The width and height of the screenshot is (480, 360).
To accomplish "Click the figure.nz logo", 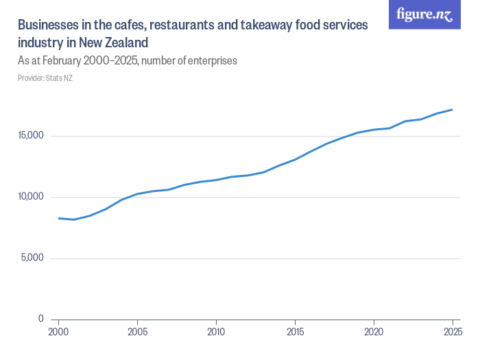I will coord(424,15).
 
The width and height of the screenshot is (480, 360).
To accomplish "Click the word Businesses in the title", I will coord(47,25).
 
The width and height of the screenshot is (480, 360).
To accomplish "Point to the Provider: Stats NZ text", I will coord(45,78).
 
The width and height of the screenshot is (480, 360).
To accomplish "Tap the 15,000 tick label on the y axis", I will coord(32,136).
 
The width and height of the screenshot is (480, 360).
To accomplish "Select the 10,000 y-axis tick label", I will coord(32,197).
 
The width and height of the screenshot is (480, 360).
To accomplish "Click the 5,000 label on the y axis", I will coord(34,259).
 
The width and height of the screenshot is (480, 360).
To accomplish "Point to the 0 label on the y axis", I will coord(41,320).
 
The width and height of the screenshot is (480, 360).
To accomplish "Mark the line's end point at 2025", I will coord(452,110).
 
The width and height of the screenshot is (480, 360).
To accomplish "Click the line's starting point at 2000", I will coord(59,218).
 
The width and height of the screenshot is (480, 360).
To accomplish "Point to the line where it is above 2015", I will coord(295,160).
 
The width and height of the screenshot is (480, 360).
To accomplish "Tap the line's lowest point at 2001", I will coord(75,219).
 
